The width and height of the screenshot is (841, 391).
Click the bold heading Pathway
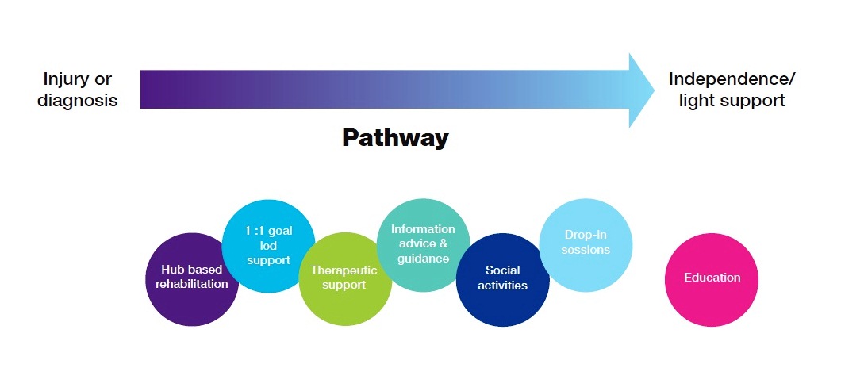[395, 138]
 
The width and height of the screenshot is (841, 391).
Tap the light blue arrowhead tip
[655, 90]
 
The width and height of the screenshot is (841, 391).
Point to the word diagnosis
[77, 100]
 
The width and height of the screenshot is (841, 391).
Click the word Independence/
[732, 80]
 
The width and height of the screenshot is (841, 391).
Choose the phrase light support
[732, 100]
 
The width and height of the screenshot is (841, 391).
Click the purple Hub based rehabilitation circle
[192, 279]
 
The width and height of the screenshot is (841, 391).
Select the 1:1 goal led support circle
[268, 246]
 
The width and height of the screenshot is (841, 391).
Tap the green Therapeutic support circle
[345, 279]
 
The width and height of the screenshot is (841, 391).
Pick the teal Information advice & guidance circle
[423, 245]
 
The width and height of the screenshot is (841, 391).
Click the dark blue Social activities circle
[502, 279]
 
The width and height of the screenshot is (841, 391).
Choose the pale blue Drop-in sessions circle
[586, 245]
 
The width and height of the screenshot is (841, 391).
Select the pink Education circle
[712, 279]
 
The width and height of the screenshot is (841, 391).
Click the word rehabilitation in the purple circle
[192, 284]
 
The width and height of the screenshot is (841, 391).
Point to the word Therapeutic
[344, 270]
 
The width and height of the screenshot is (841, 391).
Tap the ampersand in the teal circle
[443, 243]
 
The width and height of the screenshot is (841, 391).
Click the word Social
[502, 270]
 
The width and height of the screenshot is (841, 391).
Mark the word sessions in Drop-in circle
[586, 250]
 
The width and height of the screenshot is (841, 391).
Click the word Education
[712, 278]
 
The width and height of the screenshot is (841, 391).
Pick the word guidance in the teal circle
[423, 259]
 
